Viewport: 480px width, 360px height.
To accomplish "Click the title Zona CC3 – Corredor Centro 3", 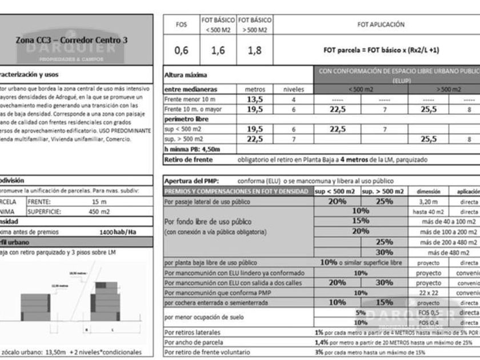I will (70, 41).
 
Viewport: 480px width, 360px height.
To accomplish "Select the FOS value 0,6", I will (181, 50).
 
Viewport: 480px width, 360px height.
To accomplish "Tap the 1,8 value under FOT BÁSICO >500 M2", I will (255, 50).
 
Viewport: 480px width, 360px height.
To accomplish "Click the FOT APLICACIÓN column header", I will (381, 25).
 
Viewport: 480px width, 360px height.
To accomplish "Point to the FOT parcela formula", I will (381, 50).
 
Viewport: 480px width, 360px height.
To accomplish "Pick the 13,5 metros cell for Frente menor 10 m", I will (254, 99).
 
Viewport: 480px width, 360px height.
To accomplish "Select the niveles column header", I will (294, 89).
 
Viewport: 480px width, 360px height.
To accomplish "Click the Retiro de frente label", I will (188, 159).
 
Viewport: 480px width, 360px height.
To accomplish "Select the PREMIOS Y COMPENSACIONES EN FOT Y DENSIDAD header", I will (237, 191).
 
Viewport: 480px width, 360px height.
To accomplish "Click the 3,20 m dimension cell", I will (428, 201).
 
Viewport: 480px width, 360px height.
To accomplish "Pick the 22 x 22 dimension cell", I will (428, 293).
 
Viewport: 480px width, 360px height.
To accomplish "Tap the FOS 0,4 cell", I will (428, 323).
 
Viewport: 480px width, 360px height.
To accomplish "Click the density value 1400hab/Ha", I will (117, 232).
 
